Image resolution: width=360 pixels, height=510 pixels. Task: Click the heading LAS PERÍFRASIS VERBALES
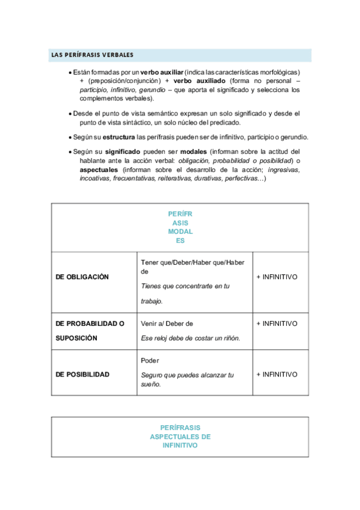92,55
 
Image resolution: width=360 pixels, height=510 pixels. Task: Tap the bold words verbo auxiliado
199,81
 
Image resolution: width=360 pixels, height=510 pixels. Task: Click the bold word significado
123,152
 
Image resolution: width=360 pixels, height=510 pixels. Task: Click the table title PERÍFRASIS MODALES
180,227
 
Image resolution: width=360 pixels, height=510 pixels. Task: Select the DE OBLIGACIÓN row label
82,277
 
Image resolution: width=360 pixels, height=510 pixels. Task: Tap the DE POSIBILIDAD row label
82,374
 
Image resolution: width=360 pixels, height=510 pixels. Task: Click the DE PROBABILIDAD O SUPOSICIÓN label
90,330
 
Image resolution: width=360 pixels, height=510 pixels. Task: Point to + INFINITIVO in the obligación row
276,277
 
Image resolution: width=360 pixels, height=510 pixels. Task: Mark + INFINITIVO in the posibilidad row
276,374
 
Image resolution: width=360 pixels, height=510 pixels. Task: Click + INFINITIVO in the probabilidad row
276,324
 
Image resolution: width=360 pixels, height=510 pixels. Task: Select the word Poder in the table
150,361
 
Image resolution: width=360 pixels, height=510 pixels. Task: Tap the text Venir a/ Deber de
166,324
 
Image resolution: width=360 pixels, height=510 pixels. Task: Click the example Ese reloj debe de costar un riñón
190,338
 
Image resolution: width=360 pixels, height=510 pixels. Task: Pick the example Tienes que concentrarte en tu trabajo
185,293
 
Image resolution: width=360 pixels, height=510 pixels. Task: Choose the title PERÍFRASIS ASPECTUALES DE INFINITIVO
180,437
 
